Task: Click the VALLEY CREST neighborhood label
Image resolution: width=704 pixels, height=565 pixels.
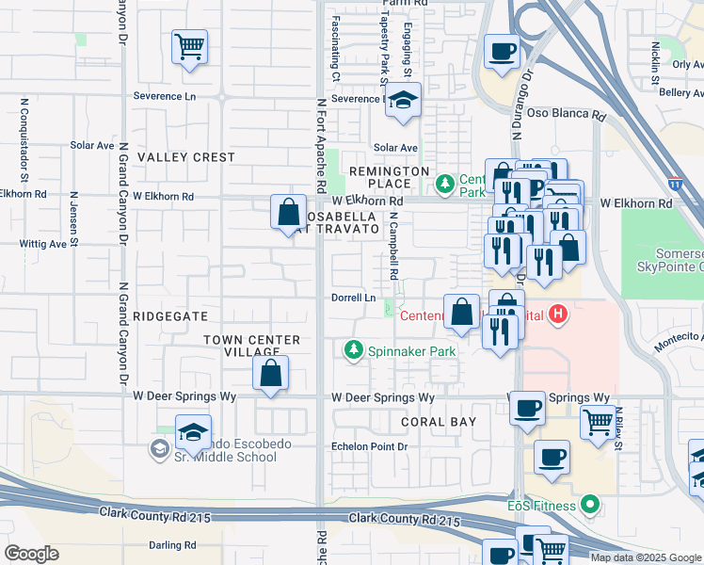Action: point(186,157)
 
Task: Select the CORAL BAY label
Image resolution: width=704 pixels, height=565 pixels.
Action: point(437,422)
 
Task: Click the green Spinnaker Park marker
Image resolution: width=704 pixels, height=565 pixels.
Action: point(354,350)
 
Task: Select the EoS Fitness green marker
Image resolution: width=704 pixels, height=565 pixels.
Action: point(591,505)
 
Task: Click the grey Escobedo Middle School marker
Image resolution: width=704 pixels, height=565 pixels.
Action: point(158,449)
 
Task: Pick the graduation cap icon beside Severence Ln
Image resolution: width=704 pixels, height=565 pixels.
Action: point(403,102)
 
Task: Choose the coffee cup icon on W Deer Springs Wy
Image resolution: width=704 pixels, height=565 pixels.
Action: point(527,408)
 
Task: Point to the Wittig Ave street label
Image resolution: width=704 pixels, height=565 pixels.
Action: point(43,243)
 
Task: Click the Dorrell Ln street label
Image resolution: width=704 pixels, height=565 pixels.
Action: point(354,298)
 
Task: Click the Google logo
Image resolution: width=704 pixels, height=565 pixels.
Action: point(31,554)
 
